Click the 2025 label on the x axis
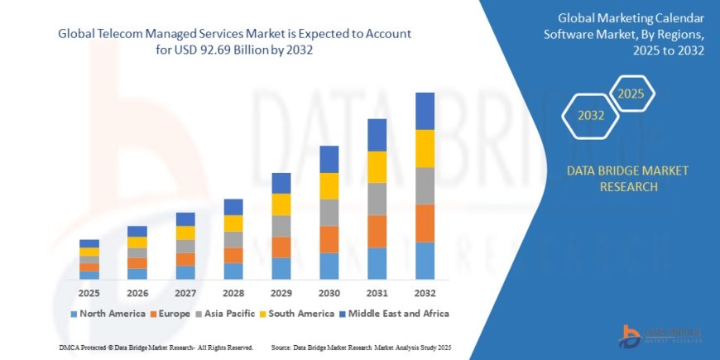pyautogui.click(x=89, y=293)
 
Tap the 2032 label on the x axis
pyautogui.click(x=425, y=293)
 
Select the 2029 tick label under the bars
pyautogui.click(x=281, y=293)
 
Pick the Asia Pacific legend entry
pyautogui.click(x=225, y=314)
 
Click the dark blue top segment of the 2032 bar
pyautogui.click(x=425, y=111)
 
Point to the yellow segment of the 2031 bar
pyautogui.click(x=377, y=167)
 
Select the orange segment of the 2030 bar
pyautogui.click(x=329, y=239)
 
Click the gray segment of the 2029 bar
pyautogui.click(x=281, y=226)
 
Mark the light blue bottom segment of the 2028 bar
pyautogui.click(x=233, y=271)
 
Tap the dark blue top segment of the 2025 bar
pyautogui.click(x=89, y=243)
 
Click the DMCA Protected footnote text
pyautogui.click(x=156, y=348)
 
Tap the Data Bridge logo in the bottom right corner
pyautogui.click(x=660, y=334)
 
